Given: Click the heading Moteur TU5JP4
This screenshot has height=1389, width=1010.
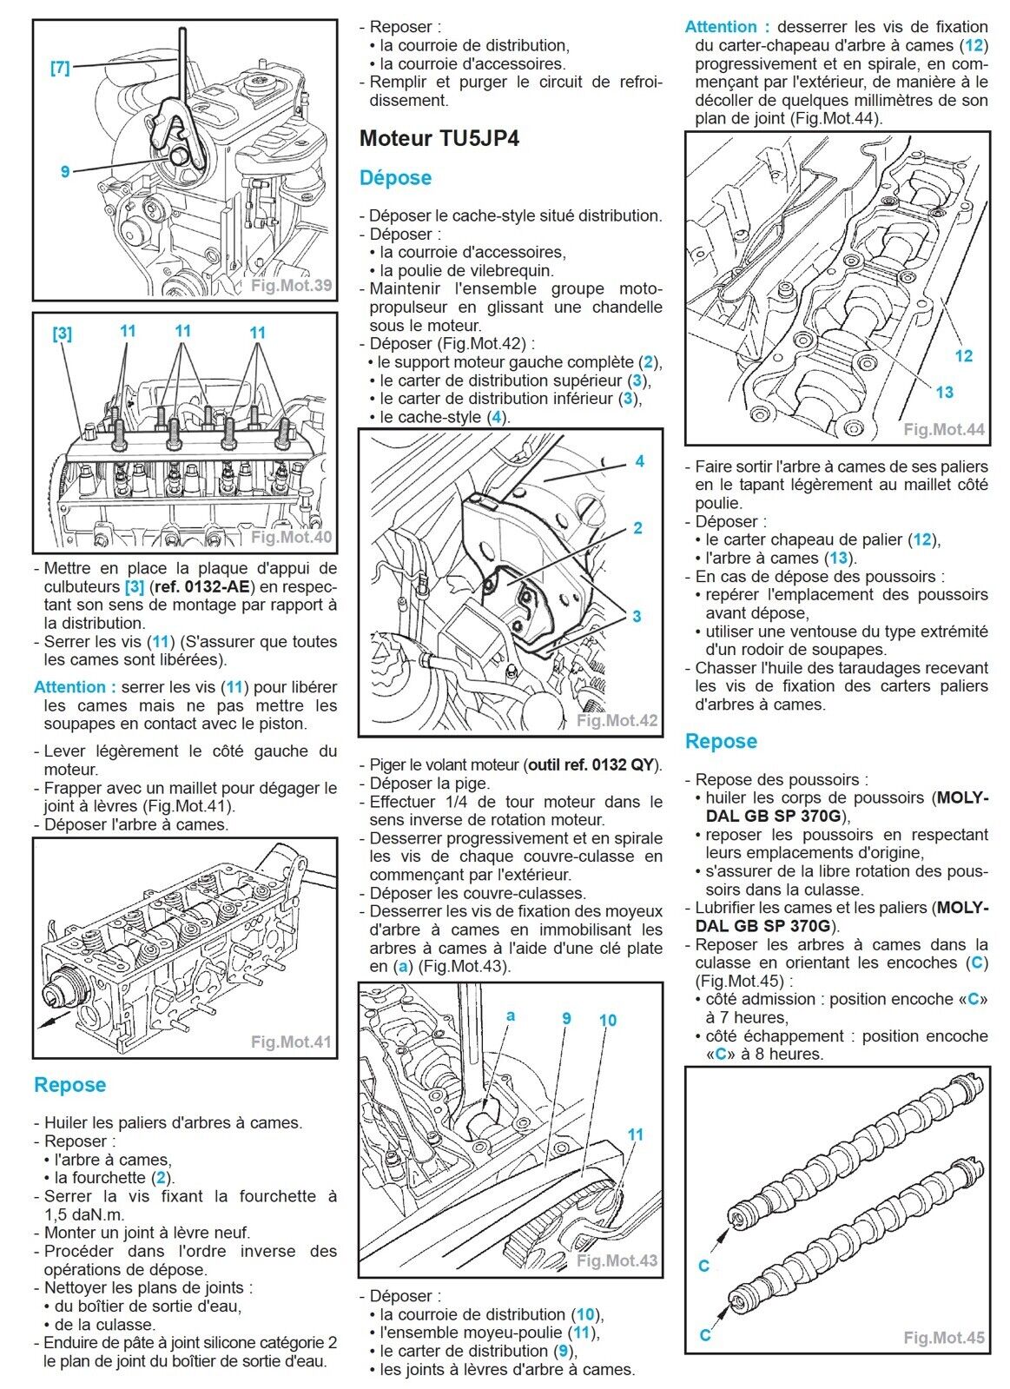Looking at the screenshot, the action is [439, 138].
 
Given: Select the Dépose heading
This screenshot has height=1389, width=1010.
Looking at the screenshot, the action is [395, 178].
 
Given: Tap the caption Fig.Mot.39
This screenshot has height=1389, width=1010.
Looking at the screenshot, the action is [292, 285].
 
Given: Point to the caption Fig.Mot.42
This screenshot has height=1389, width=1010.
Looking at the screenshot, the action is [617, 720].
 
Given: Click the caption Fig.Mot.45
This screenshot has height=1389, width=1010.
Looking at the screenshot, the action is [944, 1337].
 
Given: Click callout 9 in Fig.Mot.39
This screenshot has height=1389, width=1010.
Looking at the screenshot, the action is [65, 171].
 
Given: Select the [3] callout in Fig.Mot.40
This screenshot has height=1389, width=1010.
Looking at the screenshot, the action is [62, 334].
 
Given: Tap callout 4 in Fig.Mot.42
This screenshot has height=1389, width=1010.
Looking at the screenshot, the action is [639, 460].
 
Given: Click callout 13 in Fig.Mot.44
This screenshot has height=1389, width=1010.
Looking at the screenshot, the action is [944, 392].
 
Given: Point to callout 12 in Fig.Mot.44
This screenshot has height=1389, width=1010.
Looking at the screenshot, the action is [963, 356].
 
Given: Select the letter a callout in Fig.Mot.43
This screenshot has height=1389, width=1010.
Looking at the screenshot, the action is [511, 1015].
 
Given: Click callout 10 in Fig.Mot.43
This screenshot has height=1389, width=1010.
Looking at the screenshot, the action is [608, 1020].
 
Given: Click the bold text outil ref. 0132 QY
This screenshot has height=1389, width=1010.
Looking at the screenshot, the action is [591, 764].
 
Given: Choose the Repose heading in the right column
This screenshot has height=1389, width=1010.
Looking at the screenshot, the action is [721, 741].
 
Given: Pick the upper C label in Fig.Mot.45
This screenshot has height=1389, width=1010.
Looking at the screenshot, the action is [703, 1266].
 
